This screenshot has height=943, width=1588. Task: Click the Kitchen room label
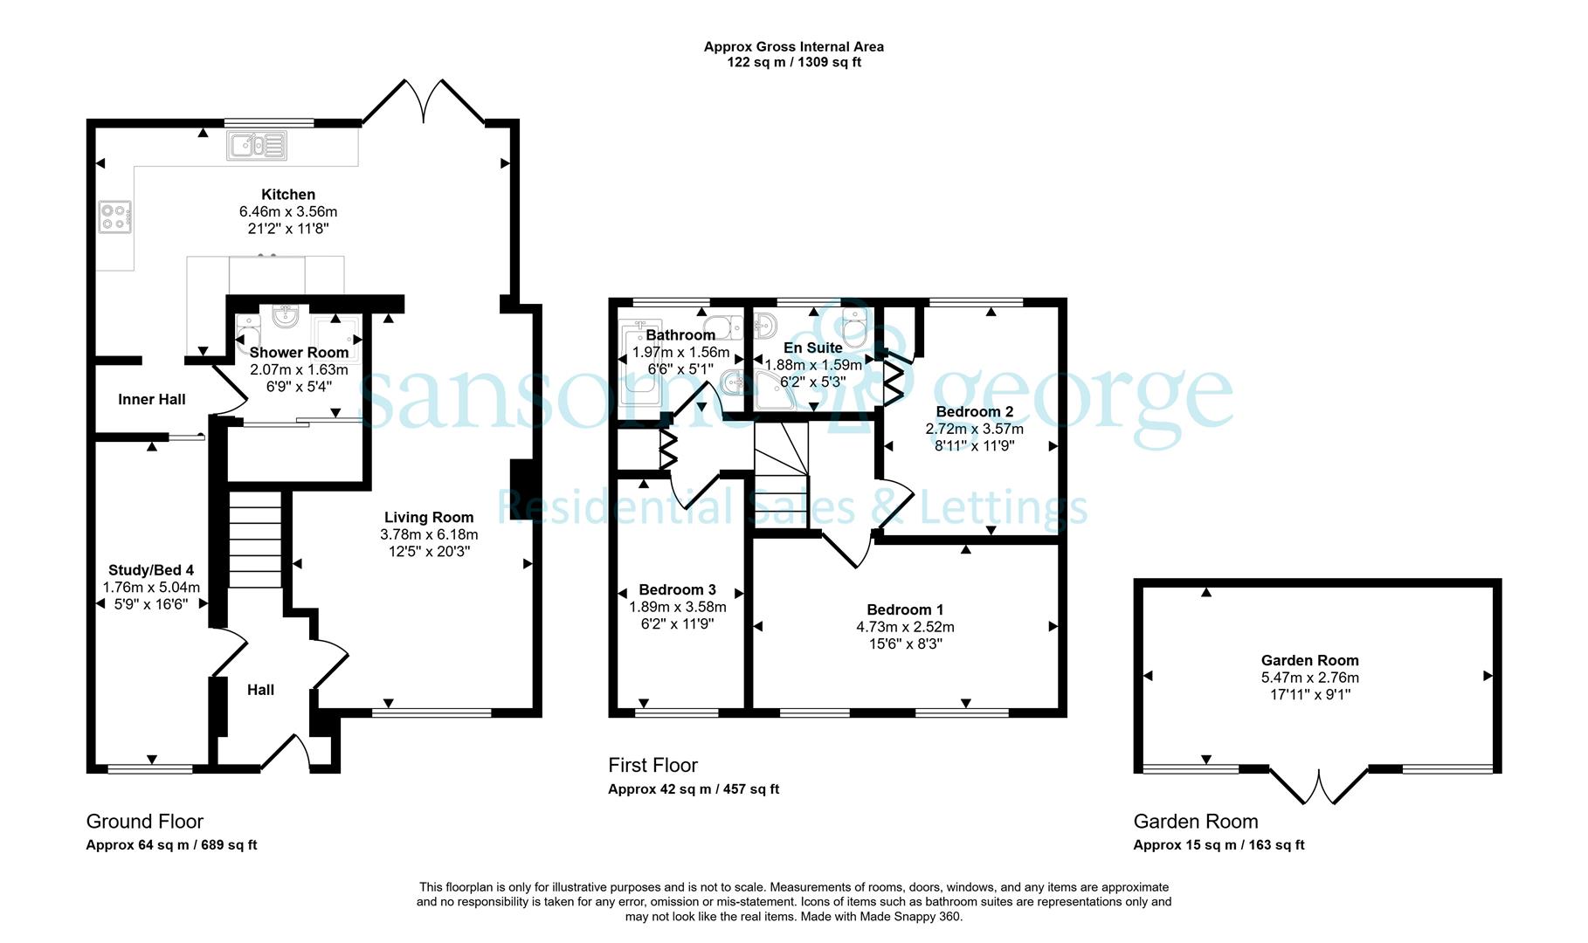point(288,195)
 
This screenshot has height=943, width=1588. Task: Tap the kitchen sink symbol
point(257,145)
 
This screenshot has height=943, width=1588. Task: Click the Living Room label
point(429,517)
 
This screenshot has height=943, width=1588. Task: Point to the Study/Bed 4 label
point(151,571)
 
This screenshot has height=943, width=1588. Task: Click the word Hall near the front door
point(260,690)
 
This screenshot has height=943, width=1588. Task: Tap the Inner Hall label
point(152,400)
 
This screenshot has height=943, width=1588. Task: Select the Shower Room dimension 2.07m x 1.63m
point(299,369)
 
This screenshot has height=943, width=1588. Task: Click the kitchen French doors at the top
point(424,101)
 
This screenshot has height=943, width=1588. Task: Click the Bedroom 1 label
point(905,609)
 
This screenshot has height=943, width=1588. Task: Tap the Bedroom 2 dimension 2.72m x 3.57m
point(974,429)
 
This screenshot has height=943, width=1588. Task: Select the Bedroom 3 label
point(677,589)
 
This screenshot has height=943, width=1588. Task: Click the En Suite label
point(813,348)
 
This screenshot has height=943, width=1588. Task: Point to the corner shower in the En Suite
point(776,389)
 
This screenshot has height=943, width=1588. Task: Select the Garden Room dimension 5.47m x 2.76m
point(1309,678)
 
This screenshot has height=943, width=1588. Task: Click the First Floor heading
point(652,766)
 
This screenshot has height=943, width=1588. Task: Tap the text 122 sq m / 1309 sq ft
point(794,63)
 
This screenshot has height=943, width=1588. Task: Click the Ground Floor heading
point(145,822)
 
